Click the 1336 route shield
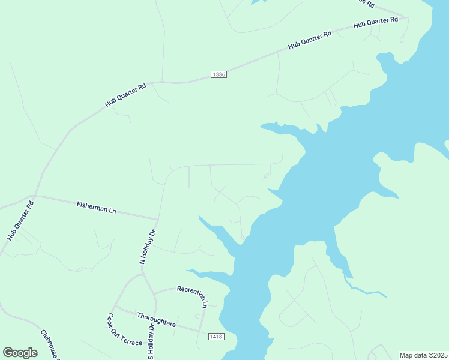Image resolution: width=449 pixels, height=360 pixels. [x=219, y=74]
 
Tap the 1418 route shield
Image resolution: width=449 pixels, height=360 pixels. [x=217, y=337]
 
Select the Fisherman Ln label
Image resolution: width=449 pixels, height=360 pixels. [x=96, y=208]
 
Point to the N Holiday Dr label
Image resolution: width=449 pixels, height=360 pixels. [x=148, y=247]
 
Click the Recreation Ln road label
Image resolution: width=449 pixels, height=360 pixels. [x=192, y=296]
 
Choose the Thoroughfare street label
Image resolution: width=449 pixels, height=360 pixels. [x=156, y=319]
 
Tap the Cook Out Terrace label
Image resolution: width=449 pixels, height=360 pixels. [x=124, y=330]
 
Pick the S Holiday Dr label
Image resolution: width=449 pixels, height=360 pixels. [x=151, y=346]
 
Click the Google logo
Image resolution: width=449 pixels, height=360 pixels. [x=20, y=353]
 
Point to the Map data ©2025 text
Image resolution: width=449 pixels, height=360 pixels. [x=423, y=355]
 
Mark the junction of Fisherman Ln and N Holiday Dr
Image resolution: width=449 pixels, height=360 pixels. [x=158, y=219]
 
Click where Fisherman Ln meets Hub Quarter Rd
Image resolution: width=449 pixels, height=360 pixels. [x=35, y=196]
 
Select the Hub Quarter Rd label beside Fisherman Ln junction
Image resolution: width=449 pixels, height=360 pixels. [x=21, y=220]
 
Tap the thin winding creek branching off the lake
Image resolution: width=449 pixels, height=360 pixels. [x=363, y=291]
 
